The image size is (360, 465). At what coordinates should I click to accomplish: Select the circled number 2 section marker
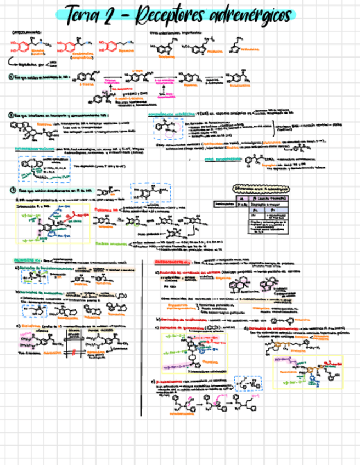(11, 115)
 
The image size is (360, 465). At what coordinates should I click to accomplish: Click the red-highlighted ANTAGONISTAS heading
(170, 262)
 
